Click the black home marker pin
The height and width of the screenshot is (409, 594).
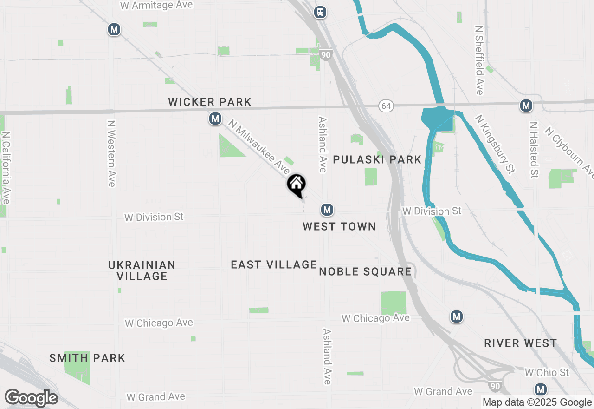pos(297,184)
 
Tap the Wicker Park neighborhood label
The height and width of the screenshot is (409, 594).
pos(210,102)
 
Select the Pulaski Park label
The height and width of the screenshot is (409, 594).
pos(377,160)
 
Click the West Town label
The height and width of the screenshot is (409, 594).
pos(339,226)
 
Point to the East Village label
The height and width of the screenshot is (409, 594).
pos(274,264)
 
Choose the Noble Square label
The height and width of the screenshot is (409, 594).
pos(366,271)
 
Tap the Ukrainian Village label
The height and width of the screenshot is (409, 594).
pos(142,270)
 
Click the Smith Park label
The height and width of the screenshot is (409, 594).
pos(87,358)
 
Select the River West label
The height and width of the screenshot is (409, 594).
pos(520,343)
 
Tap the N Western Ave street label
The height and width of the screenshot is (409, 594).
pos(111,153)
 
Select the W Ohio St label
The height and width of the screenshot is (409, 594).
pos(547,372)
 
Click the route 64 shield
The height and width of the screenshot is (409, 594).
pos(386,106)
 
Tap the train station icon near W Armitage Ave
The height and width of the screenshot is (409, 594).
pos(320,12)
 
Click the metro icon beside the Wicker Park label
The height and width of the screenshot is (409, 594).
pos(215,119)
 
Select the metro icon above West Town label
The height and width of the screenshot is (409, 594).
pos(327,210)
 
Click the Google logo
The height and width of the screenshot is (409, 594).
pos(31,398)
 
